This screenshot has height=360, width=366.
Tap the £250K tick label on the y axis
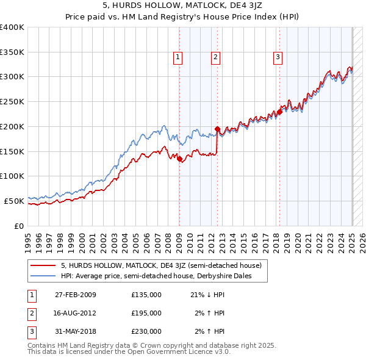[12, 101]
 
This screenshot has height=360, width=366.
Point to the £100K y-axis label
[12, 176]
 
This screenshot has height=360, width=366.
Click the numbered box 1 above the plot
[178, 57]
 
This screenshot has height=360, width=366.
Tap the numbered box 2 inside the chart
[216, 57]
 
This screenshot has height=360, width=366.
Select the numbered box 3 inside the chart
[278, 57]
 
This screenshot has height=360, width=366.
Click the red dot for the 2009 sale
[179, 159]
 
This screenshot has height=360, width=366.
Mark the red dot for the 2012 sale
[218, 129]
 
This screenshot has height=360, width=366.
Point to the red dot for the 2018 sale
[279, 112]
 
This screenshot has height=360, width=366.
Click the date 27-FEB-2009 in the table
[76, 295]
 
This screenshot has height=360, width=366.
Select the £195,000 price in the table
[146, 313]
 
